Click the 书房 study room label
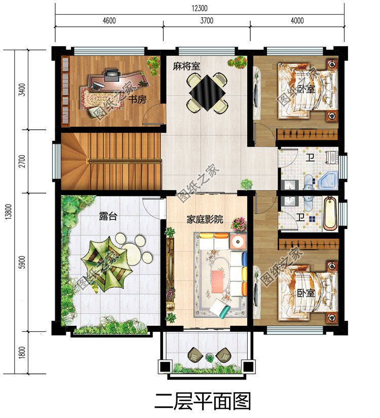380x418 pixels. [137, 99]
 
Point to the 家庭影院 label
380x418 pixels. [204, 220]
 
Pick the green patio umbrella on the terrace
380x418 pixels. [104, 259]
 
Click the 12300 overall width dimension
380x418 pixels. [200, 8]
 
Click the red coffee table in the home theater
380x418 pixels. [218, 276]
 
